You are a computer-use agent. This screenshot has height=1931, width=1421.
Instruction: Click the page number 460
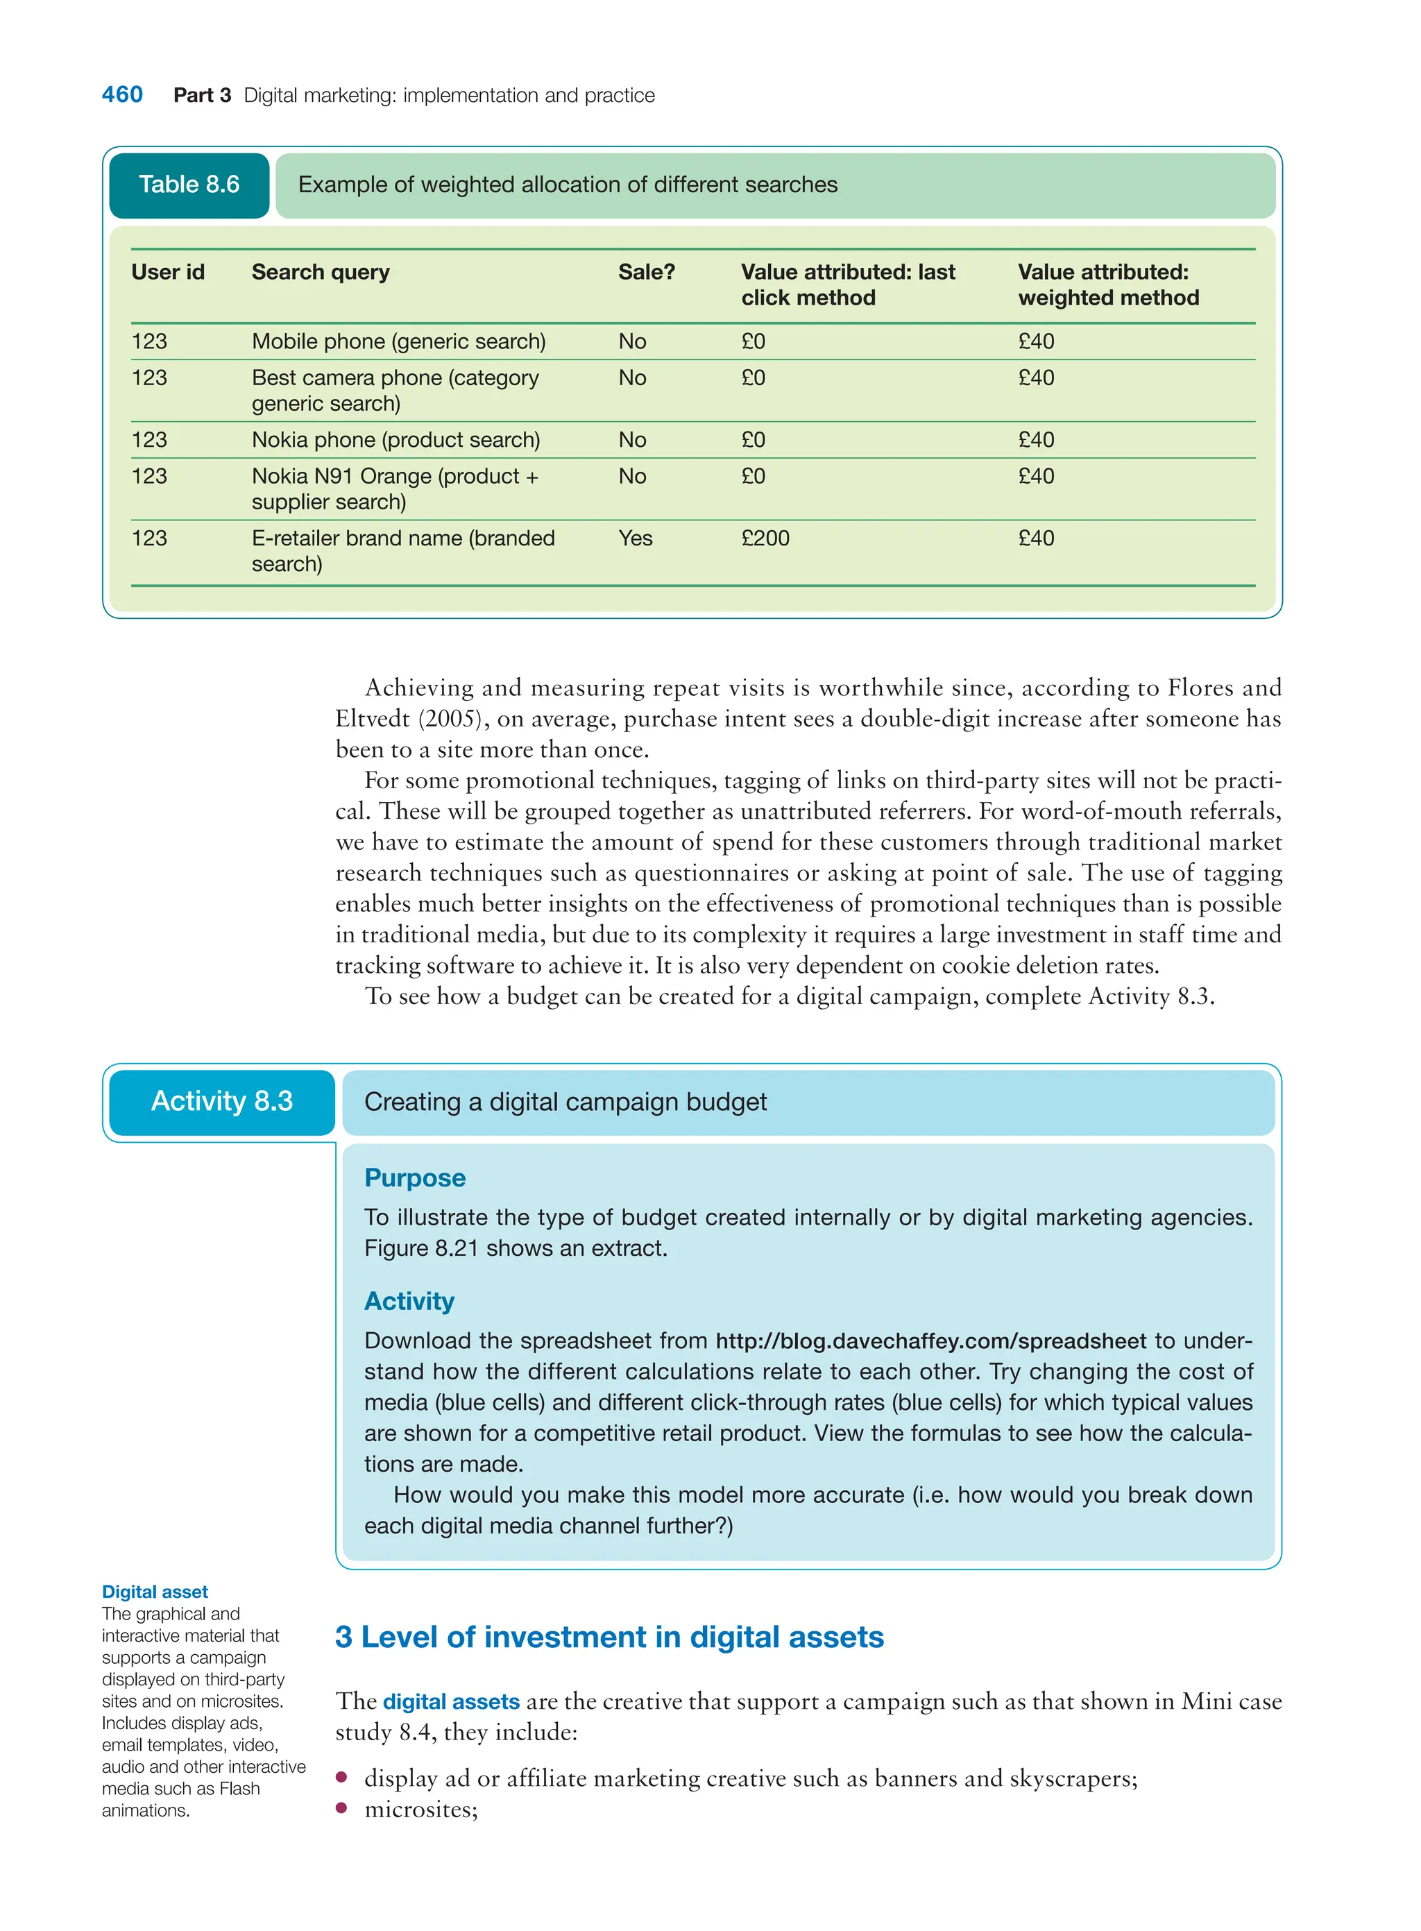pos(122,94)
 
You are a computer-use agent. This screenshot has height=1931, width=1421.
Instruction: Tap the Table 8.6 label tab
pos(189,185)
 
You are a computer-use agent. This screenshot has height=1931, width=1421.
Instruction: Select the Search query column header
pos(320,273)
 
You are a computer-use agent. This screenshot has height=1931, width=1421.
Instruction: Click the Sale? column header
pos(646,273)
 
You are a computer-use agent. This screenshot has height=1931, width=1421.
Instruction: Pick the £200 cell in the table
pos(765,538)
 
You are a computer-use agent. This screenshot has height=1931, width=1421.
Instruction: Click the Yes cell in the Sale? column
pos(635,538)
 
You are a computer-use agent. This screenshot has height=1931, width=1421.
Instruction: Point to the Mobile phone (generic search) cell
pos(398,342)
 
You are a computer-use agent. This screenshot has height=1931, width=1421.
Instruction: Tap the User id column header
pos(168,273)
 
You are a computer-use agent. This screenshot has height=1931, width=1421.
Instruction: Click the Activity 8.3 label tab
pos(222,1102)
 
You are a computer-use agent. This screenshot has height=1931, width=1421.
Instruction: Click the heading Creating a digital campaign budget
pos(565,1103)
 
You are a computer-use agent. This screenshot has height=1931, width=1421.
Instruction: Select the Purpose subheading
pos(415,1178)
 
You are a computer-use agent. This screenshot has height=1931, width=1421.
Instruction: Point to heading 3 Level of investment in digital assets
pos(609,1637)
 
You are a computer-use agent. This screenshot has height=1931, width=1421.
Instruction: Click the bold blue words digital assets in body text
pos(451,1702)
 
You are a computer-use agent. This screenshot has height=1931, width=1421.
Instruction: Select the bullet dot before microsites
pos(341,1808)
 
